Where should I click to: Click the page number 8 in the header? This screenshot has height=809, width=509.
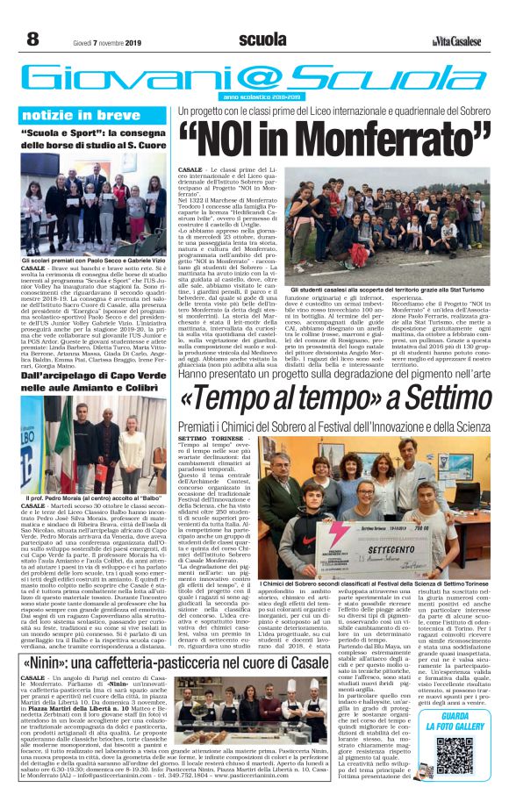point(32,39)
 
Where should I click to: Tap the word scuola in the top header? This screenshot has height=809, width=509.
point(262,39)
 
